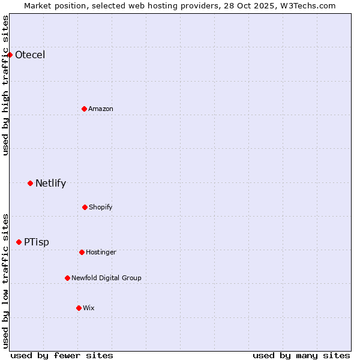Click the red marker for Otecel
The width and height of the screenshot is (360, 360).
pyautogui.click(x=10, y=55)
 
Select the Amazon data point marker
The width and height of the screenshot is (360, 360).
pyautogui.click(x=84, y=109)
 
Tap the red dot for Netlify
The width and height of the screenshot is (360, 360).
pyautogui.click(x=30, y=183)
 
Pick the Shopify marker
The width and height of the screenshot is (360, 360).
pyautogui.click(x=85, y=207)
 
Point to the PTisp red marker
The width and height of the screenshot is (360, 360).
pyautogui.click(x=19, y=242)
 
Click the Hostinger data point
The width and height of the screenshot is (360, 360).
pyautogui.click(x=82, y=252)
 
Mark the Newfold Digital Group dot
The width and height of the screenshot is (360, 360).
pyautogui.click(x=67, y=278)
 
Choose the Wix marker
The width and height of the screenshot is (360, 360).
pyautogui.click(x=79, y=308)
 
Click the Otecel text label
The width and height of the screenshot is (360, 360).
pyautogui.click(x=30, y=55)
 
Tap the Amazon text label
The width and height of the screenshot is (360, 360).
pyautogui.click(x=101, y=109)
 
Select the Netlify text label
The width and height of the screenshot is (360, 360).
pyautogui.click(x=50, y=184)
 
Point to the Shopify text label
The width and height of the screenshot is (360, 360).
pyautogui.click(x=101, y=208)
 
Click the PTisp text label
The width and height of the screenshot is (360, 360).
pyautogui.click(x=37, y=242)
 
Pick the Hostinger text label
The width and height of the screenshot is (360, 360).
pyautogui.click(x=101, y=253)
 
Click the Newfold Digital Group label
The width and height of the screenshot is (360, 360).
pyautogui.click(x=106, y=278)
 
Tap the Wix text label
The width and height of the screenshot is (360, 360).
pyautogui.click(x=89, y=308)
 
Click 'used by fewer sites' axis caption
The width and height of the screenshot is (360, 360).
pyautogui.click(x=62, y=355)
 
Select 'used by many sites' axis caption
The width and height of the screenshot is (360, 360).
pyautogui.click(x=301, y=355)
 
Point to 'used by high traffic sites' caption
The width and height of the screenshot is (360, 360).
pyautogui.click(x=5, y=85)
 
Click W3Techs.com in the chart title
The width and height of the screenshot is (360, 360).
pyautogui.click(x=306, y=5)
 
